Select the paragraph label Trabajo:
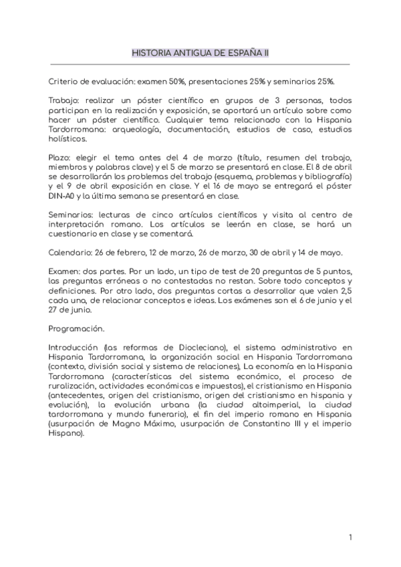(x=63, y=100)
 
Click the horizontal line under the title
(x=200, y=65)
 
